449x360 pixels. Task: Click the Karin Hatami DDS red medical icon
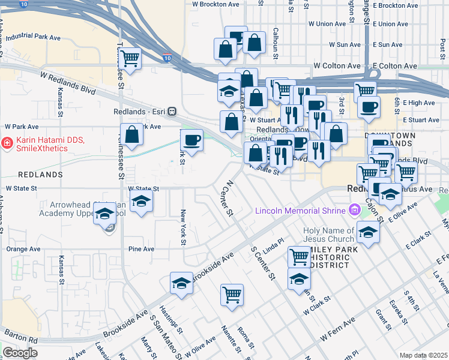click(6, 143)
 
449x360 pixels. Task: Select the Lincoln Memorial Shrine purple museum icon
click(354, 210)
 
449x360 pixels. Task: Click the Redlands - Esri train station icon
click(172, 111)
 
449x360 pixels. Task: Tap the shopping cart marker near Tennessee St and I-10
click(130, 59)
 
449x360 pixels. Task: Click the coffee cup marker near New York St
click(191, 140)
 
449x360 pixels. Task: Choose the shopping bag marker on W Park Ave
click(131, 135)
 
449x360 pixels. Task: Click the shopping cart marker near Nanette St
click(232, 295)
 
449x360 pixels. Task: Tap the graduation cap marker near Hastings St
click(181, 283)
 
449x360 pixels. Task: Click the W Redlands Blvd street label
click(68, 82)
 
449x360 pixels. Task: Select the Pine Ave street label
click(141, 249)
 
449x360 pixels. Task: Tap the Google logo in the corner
click(20, 353)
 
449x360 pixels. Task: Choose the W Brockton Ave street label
click(215, 4)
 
